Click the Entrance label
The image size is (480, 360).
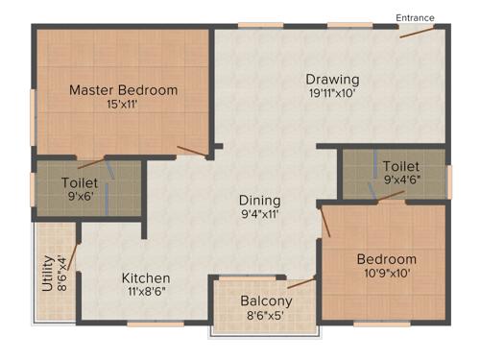(x=415, y=17)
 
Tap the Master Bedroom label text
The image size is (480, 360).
(x=123, y=90)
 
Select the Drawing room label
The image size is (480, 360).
(x=332, y=79)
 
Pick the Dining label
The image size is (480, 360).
(x=259, y=201)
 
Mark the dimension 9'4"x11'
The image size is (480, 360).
(x=259, y=215)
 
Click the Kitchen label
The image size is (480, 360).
(x=146, y=278)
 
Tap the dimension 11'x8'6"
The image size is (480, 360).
(x=146, y=292)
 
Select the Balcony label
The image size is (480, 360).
(x=266, y=300)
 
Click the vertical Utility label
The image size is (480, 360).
(x=47, y=273)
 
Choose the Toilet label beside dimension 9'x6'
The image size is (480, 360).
(x=81, y=181)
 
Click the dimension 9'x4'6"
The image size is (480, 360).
(x=400, y=179)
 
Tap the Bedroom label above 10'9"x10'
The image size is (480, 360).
(x=386, y=259)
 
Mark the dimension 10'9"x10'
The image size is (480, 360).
(x=385, y=273)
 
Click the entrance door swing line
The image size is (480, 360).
(x=417, y=32)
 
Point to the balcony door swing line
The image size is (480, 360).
(x=301, y=283)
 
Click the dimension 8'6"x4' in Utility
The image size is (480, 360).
(x=61, y=273)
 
